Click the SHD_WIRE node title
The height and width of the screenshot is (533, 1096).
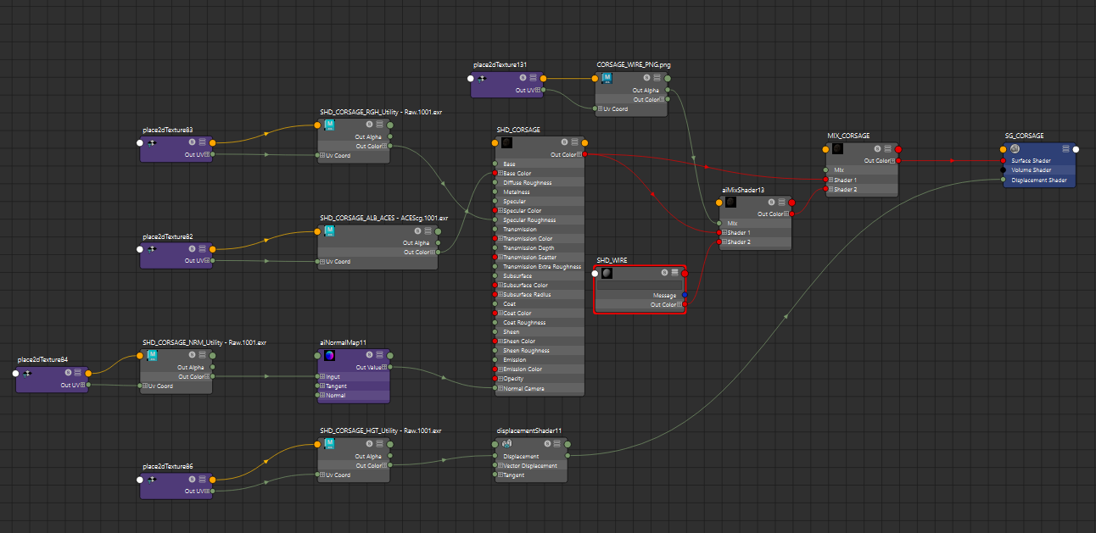(612, 260)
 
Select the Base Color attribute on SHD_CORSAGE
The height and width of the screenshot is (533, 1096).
(517, 174)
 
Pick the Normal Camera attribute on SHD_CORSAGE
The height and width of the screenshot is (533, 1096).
(523, 388)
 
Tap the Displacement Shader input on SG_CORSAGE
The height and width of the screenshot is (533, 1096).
(1039, 180)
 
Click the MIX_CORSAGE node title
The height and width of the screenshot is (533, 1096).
(848, 136)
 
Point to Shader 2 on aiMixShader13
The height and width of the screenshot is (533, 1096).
(738, 242)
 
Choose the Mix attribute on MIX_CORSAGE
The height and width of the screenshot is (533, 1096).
(839, 170)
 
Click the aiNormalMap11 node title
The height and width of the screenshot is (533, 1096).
(343, 342)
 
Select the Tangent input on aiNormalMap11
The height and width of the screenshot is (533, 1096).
(336, 386)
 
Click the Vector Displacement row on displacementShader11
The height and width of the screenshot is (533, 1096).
(530, 465)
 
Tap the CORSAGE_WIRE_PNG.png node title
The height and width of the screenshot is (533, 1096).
(633, 64)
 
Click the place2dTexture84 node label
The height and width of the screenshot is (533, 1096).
(42, 359)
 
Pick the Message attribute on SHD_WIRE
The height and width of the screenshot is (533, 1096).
(664, 295)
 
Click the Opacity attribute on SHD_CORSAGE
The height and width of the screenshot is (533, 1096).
(513, 379)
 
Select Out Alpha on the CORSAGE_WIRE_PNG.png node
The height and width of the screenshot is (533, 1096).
(646, 90)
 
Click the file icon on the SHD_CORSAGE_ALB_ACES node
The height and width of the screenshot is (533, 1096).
(329, 230)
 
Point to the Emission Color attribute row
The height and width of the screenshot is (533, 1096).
(523, 369)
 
